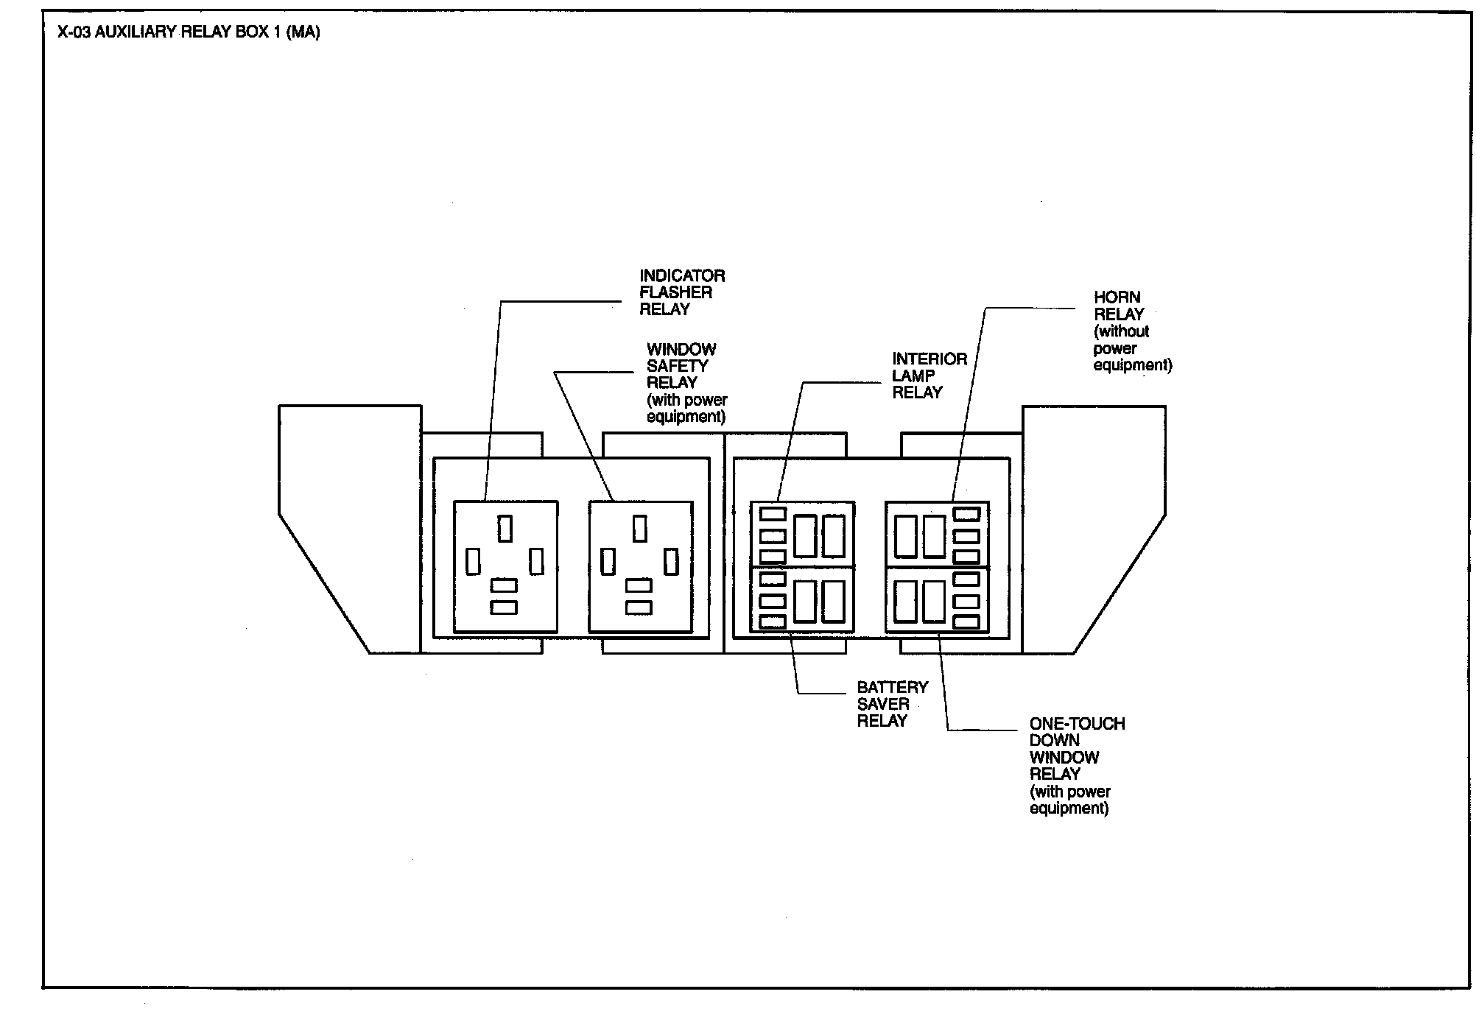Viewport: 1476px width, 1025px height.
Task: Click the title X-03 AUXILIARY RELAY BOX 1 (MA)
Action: (x=189, y=33)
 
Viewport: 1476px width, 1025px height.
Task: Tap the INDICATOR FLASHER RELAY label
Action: (x=681, y=292)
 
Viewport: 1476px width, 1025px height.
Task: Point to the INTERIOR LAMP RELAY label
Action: (x=929, y=376)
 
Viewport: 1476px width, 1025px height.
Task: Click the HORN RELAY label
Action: (x=1118, y=306)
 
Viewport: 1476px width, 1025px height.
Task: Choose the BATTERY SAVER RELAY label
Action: (x=892, y=704)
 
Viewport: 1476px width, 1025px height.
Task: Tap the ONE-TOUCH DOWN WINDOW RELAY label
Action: (x=1076, y=749)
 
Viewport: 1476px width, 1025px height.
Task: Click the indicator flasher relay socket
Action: (x=505, y=566)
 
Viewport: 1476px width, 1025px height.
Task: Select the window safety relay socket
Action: (x=640, y=566)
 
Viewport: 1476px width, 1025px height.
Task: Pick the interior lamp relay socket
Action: (x=802, y=535)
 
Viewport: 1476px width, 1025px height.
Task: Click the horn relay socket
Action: (x=937, y=535)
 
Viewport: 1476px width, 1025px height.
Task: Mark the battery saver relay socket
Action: (x=802, y=600)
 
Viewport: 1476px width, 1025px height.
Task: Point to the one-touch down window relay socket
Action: (x=937, y=600)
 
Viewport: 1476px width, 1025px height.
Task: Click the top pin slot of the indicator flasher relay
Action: (x=505, y=528)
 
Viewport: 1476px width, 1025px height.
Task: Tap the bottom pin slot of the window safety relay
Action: (x=639, y=607)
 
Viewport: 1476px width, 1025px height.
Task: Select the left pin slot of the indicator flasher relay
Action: (x=473, y=562)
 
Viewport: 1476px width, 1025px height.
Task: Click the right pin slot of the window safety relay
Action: (x=671, y=562)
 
